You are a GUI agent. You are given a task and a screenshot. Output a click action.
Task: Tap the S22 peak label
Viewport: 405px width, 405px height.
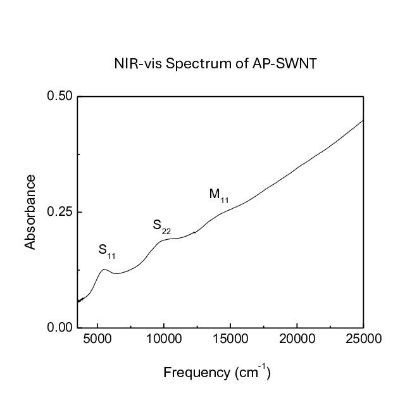click(161, 226)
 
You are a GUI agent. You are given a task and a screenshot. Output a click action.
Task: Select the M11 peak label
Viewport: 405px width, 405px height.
click(218, 195)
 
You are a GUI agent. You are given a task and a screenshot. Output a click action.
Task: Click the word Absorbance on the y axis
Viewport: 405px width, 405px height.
click(30, 212)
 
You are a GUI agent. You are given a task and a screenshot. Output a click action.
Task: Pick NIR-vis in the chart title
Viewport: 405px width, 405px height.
click(135, 63)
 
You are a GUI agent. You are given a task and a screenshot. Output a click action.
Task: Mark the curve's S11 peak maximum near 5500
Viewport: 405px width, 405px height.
click(104, 270)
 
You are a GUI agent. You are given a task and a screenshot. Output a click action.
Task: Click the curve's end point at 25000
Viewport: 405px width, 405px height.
click(363, 120)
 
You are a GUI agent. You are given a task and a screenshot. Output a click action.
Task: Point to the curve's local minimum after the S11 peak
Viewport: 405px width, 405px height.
click(116, 273)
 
